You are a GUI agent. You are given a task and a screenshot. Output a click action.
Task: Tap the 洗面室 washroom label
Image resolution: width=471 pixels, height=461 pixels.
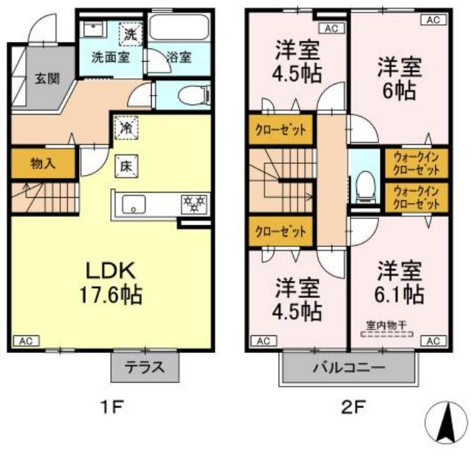[110, 57]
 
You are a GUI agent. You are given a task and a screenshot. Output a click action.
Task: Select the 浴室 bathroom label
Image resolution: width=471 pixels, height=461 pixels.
[178, 57]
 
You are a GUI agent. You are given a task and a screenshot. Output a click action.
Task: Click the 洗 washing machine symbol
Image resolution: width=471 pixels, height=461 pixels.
[130, 33]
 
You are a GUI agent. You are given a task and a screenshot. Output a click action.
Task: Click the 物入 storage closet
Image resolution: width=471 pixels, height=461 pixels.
[41, 163]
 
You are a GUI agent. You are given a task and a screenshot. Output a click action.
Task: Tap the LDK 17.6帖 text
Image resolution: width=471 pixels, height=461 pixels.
[111, 282]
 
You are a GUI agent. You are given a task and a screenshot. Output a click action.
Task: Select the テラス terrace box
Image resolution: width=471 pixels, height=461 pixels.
[145, 366]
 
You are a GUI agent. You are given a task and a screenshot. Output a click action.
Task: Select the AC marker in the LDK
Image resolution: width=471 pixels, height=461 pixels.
[25, 341]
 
